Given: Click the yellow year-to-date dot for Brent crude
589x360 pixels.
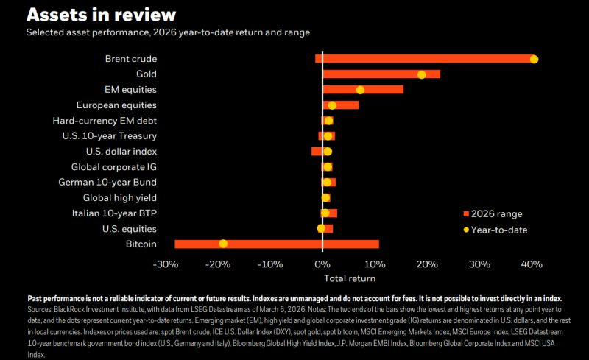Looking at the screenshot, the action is [534, 60].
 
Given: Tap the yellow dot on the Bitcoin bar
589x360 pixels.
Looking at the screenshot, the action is [223, 244].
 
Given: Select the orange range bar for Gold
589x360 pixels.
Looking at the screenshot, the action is [381, 74].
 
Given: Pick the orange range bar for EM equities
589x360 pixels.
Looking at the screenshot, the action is [363, 89].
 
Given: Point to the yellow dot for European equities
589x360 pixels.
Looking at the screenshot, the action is [332, 105].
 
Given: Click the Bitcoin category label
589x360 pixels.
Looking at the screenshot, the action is [141, 244].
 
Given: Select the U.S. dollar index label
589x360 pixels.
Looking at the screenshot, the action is [121, 152].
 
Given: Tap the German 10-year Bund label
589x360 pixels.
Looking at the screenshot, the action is [107, 183].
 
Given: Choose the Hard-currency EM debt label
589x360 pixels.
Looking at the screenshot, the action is [105, 121].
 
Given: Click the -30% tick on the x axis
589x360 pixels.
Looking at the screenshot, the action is [166, 264].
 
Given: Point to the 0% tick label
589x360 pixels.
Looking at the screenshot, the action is [322, 264].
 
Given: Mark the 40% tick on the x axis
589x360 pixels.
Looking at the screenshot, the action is [532, 264].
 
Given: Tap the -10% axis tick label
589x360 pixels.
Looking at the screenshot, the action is [270, 264].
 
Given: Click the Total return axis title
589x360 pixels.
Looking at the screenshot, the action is [350, 278].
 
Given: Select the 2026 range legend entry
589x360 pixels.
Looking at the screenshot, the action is [493, 213].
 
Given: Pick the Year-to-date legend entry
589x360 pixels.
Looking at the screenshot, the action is [495, 230].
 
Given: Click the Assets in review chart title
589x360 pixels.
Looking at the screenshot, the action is [102, 15].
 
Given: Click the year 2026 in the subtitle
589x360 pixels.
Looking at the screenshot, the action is [164, 32].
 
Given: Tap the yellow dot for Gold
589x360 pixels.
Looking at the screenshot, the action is [421, 74].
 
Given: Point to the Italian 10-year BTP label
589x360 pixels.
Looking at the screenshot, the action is [114, 213].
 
